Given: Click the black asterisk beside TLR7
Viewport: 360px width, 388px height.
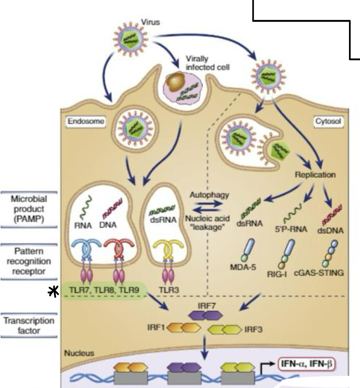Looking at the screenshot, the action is [53, 292].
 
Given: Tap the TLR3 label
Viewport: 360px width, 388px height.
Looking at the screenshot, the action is [169, 290].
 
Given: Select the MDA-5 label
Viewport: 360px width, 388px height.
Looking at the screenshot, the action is [243, 267].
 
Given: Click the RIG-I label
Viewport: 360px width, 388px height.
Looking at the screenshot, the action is [277, 274].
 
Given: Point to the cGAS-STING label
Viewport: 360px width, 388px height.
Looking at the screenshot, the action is [319, 273].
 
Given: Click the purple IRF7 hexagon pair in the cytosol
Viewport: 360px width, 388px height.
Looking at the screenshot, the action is [205, 316].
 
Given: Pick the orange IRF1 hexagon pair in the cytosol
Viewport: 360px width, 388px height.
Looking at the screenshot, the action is [184, 328].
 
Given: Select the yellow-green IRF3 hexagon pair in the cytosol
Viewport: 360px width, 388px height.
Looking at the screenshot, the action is [224, 330].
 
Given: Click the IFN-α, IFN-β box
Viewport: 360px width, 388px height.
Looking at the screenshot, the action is [307, 364].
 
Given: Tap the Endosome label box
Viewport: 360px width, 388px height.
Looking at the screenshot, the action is [86, 122].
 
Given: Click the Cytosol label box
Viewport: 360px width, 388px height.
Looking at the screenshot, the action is [328, 122].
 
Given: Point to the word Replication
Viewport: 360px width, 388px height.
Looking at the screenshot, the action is [315, 175].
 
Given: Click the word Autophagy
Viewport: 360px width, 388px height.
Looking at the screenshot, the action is [209, 195].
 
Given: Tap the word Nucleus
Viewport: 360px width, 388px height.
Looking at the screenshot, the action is [79, 353].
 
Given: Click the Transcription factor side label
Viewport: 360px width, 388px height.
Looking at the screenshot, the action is [29, 325].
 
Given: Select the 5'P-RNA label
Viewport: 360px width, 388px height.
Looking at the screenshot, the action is [290, 229].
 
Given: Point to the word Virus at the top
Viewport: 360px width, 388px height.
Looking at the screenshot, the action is [151, 22].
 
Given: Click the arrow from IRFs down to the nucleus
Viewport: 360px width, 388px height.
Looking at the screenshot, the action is [204, 347].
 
